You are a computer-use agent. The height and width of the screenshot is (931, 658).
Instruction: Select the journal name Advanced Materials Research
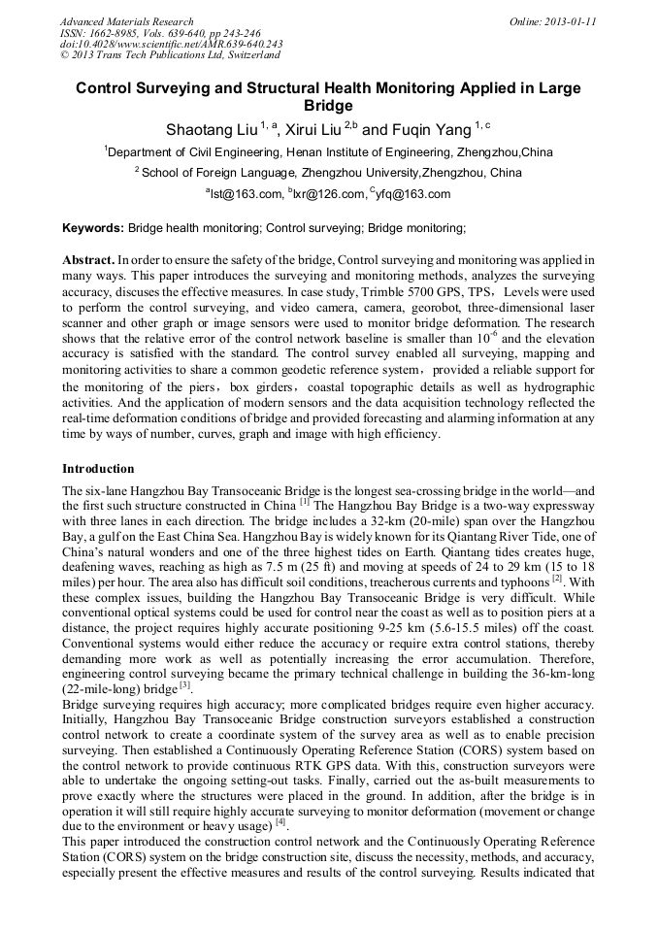pyautogui.click(x=127, y=21)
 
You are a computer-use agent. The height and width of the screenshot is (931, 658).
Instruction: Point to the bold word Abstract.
pyautogui.click(x=88, y=262)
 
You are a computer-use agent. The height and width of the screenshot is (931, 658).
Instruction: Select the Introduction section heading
pyautogui.click(x=98, y=468)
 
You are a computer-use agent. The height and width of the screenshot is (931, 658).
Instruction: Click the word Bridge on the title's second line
pyautogui.click(x=328, y=105)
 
